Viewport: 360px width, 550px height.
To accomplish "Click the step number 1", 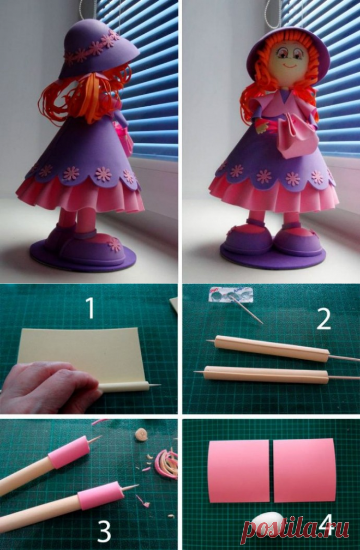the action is pos(91,308).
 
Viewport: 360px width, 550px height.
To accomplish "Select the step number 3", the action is pos(104,531).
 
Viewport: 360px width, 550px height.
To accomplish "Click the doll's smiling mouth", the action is pos(290,65).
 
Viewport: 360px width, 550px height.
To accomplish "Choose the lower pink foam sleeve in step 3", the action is pos(100,495).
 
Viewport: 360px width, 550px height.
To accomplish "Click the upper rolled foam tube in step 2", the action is pos(272,347).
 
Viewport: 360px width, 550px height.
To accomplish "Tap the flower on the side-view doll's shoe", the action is pos(115,244).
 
